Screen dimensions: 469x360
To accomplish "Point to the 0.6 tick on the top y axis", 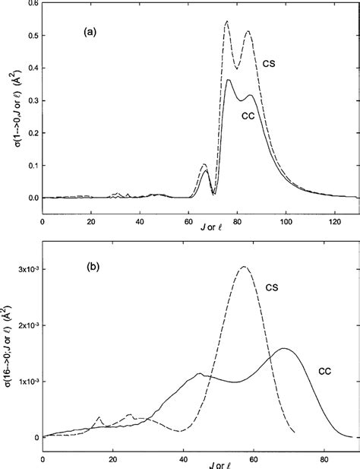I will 30,4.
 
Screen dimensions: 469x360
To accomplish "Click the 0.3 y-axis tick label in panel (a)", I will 30,100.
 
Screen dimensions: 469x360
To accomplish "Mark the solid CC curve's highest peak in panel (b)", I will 284,348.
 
